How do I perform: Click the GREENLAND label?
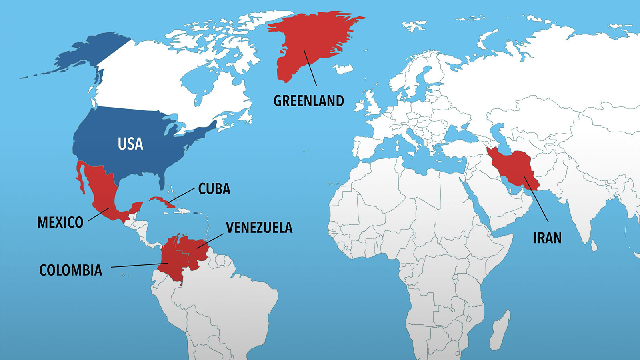[308, 101]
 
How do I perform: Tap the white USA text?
[130, 144]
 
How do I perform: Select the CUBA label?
[214, 189]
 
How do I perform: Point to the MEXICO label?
[60, 222]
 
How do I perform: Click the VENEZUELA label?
[259, 228]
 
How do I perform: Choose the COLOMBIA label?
[70, 270]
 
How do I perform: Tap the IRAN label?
[547, 238]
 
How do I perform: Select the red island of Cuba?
[160, 200]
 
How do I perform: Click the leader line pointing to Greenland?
[310, 68]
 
